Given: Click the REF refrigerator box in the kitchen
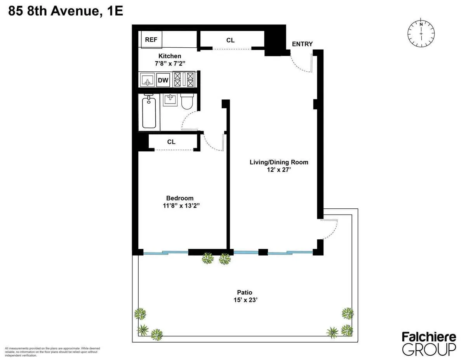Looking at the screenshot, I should pos(151,40).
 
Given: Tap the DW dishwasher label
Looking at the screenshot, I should pos(163,80).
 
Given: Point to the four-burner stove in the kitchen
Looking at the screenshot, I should pos(183,80).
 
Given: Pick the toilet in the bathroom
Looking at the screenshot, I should pos(187,102).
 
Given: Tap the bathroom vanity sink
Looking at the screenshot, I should pos(170,100).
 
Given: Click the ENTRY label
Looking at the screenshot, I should pos(302,44).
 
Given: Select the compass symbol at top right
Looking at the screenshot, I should pos(421,34).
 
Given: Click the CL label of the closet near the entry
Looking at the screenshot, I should pos(230,40).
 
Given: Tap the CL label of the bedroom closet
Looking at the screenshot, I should pos(171,142).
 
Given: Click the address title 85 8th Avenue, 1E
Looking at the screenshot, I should pos(66,11).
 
